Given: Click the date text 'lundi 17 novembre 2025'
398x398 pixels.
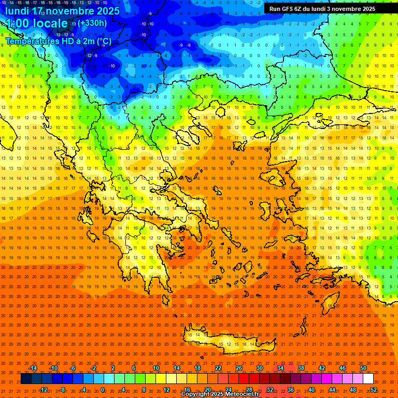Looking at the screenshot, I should [x=62, y=10].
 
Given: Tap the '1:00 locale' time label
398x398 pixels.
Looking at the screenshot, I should [x=36, y=23].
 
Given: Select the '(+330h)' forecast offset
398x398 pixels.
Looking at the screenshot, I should [x=93, y=23].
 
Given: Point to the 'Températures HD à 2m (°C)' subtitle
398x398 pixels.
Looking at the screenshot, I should [x=58, y=41].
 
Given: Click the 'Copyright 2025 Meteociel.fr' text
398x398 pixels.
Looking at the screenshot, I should [x=220, y=394].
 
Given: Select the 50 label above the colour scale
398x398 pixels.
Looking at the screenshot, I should [x=363, y=368].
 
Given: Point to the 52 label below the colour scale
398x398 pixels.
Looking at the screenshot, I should [x=374, y=390].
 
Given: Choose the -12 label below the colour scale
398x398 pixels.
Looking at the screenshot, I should [x=43, y=390].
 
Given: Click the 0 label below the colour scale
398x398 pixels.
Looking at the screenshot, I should [x=103, y=390].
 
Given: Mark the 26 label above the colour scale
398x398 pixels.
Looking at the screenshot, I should [x=239, y=368].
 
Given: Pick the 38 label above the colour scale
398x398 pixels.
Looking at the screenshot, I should [x=301, y=368].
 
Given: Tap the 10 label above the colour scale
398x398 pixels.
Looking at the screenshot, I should [x=156, y=368].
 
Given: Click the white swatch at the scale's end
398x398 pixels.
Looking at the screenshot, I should [x=368, y=379].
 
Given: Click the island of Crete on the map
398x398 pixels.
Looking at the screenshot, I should [x=223, y=339].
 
